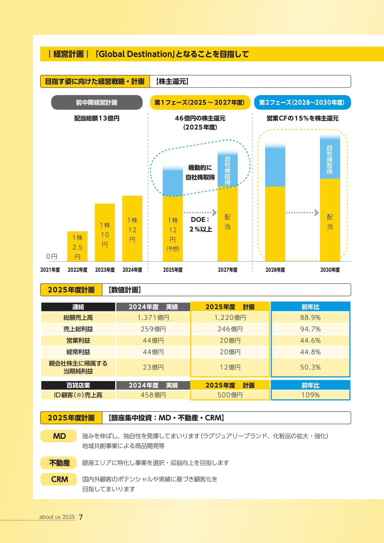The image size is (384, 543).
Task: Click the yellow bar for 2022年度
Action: point(77,246)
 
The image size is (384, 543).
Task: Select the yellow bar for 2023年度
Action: point(105,232)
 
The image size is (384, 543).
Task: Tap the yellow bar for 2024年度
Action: point(132,228)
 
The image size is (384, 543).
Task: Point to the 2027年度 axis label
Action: point(228,270)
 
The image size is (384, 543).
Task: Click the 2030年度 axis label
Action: point(330,270)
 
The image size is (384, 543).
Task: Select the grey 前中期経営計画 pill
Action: point(97,102)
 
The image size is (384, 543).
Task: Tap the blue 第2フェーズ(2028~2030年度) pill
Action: point(302,102)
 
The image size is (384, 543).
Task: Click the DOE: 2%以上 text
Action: point(200,224)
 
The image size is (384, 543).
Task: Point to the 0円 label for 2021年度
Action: point(52,256)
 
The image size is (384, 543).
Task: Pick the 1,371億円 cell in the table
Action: point(153,318)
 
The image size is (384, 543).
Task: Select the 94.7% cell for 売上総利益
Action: point(310,329)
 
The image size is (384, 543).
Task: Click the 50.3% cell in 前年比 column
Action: point(310,367)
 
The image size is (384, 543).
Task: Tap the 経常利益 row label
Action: point(78,352)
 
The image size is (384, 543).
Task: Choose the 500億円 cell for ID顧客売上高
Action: point(230,395)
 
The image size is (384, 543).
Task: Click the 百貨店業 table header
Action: point(78,385)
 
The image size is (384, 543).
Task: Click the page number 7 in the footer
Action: point(81,517)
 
